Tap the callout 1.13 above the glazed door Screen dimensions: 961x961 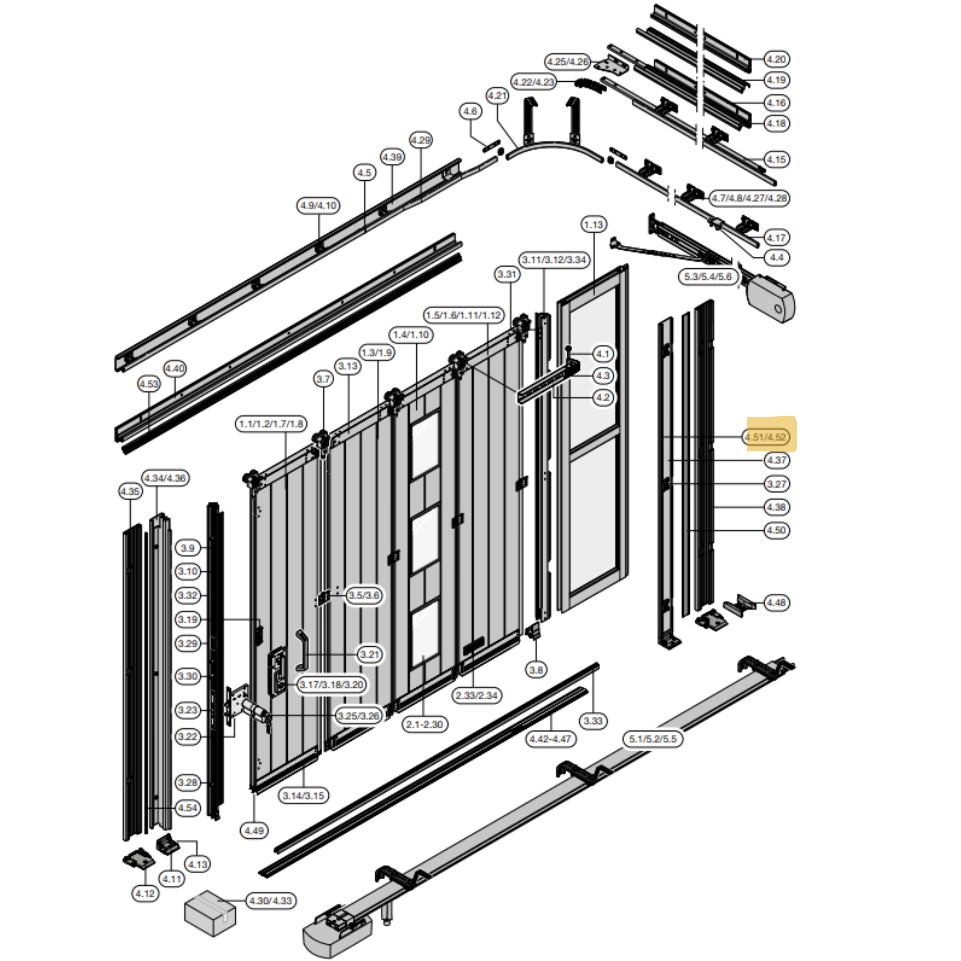point(593,225)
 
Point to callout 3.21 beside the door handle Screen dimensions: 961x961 point(370,654)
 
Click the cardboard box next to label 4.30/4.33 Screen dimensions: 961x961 point(210,912)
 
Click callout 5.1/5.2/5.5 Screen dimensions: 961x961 point(653,739)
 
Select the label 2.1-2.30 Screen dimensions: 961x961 point(424,724)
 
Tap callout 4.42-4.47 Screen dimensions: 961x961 point(550,739)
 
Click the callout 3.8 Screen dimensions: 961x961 point(536,670)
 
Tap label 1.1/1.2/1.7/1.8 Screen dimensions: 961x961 point(271,424)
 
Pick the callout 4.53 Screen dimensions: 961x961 point(149,384)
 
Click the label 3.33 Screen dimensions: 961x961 point(593,721)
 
